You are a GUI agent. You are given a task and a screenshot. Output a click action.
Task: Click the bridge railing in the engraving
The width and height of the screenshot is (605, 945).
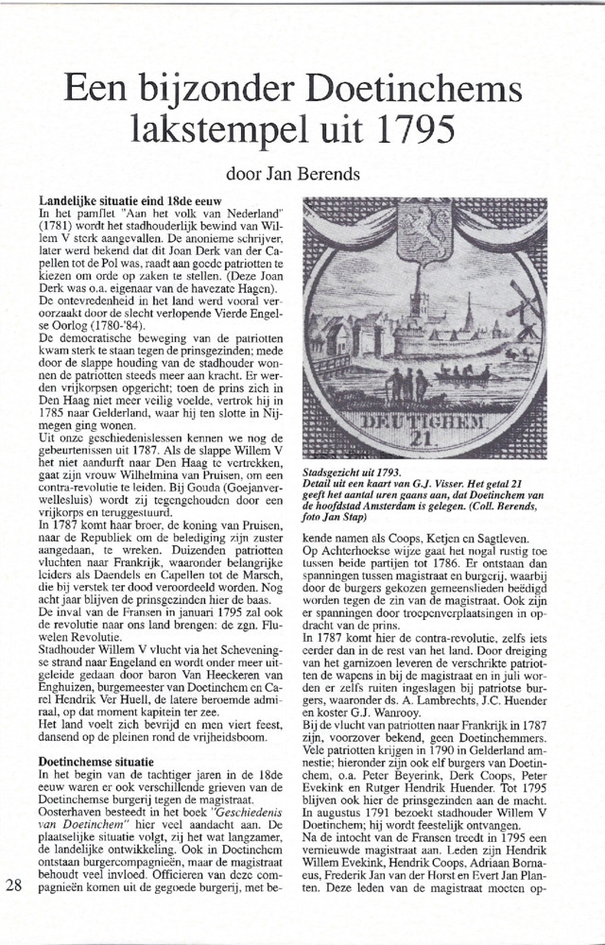326,364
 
